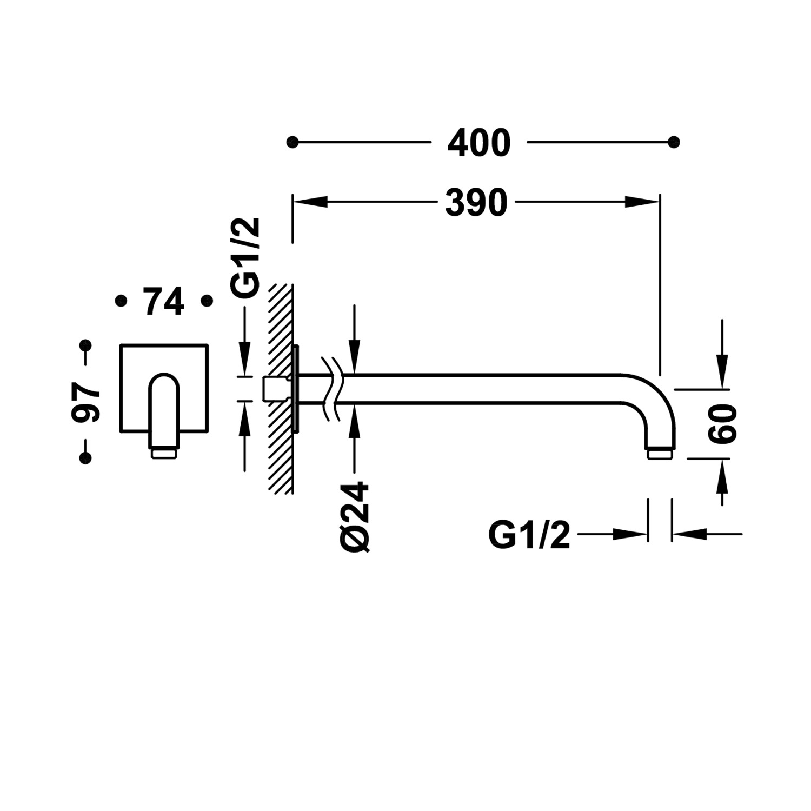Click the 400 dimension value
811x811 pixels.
[479, 143]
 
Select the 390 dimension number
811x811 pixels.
[476, 202]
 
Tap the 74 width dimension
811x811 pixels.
[164, 301]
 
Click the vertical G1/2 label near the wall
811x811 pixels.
[248, 257]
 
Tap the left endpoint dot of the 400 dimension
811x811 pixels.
[293, 143]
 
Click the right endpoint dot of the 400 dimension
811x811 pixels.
[674, 143]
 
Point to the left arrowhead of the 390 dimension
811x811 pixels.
[310, 202]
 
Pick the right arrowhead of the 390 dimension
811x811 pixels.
[642, 202]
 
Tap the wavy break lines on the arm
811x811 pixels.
[331, 388]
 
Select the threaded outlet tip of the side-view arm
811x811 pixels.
[660, 454]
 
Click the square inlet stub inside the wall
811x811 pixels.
[271, 389]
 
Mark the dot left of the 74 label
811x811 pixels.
[121, 301]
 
